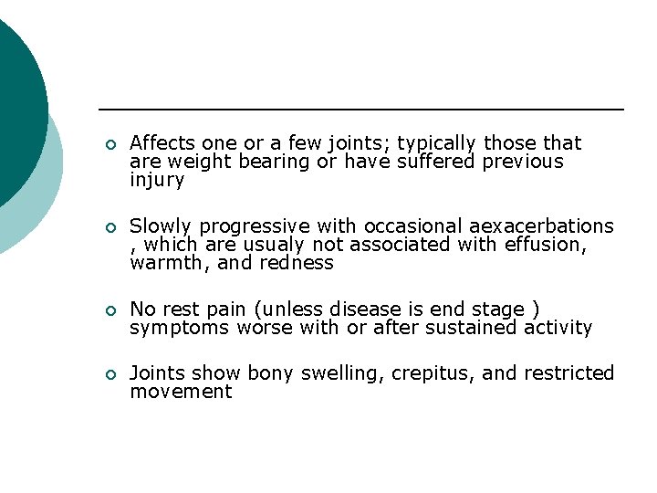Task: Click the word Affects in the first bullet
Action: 159,143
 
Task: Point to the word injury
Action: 157,181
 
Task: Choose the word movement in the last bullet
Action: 181,392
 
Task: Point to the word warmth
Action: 162,264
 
